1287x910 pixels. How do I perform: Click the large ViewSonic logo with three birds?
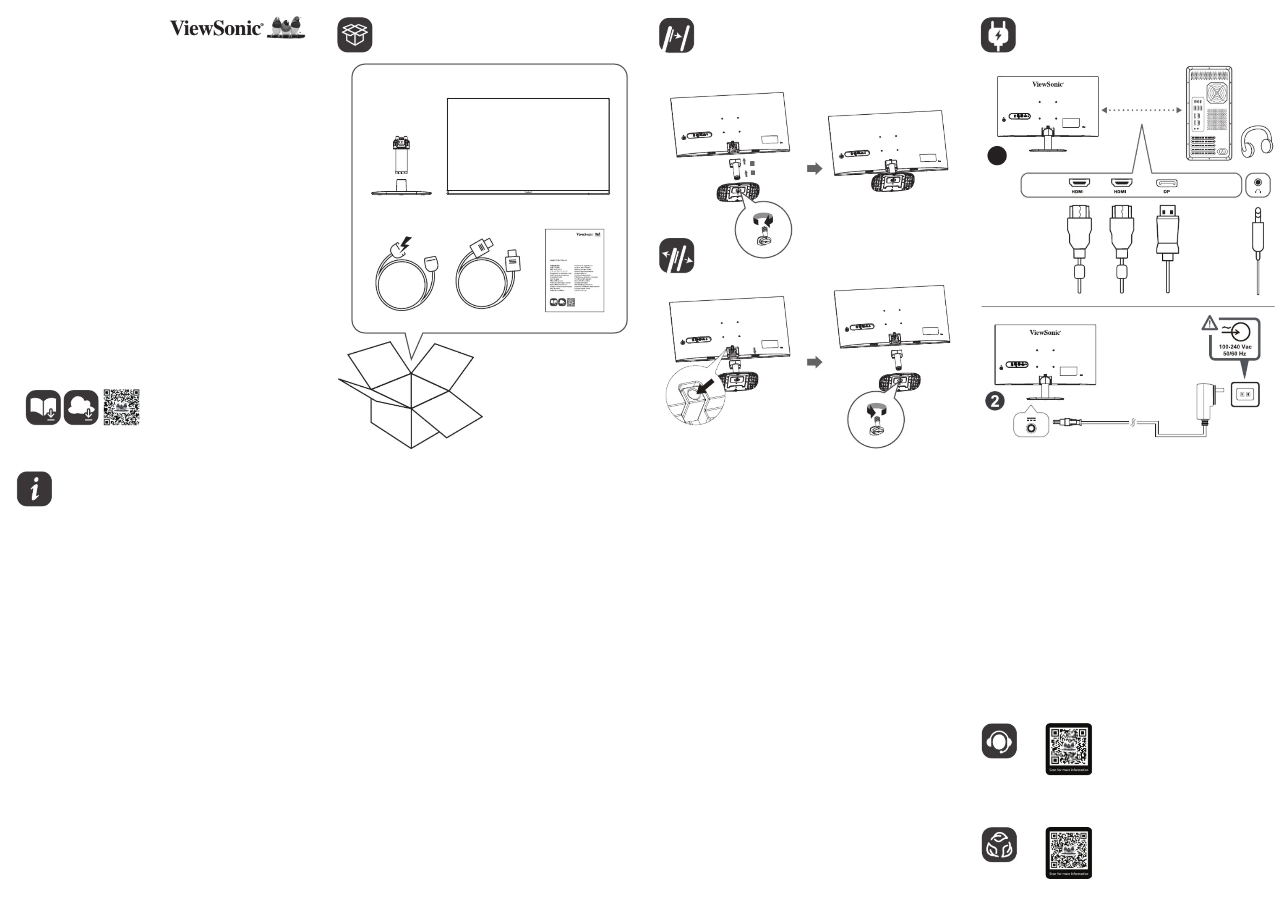click(237, 28)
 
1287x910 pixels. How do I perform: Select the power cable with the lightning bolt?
click(406, 276)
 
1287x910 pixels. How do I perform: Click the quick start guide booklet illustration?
click(574, 270)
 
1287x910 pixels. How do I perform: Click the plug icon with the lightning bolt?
click(998, 35)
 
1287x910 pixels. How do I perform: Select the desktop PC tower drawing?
click(1209, 113)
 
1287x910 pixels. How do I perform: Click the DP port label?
click(1167, 192)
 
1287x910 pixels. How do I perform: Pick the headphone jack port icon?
click(1258, 185)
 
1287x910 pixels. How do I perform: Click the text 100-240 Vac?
click(1235, 347)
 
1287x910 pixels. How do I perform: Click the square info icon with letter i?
click(34, 489)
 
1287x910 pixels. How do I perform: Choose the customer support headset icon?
click(999, 741)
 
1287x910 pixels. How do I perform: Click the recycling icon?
click(999, 844)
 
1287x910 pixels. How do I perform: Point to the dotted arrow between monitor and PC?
click(1141, 110)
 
